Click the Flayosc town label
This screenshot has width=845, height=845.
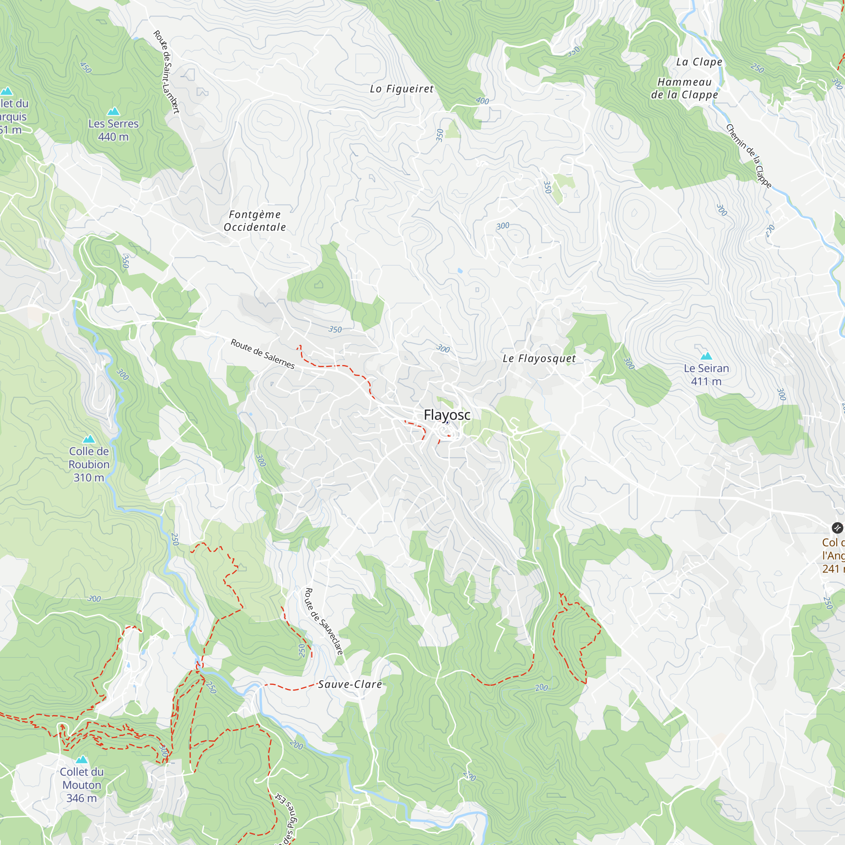pos(447,414)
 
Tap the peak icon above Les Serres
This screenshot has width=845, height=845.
pos(113,111)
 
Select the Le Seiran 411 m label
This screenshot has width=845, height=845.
pos(706,375)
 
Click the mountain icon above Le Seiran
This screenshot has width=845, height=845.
pos(706,356)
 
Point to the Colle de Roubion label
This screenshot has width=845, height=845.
pos(89,464)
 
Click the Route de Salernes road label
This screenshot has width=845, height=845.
pos(262,353)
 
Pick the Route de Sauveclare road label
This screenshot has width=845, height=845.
pos(323,621)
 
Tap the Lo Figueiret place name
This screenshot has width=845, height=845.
pos(401,89)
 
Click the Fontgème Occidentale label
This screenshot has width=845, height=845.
pos(254,221)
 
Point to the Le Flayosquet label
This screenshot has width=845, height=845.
pos(539,359)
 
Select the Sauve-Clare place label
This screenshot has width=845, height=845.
pos(350,684)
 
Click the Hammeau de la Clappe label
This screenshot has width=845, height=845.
pos(684,88)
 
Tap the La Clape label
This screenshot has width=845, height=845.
pos(699,62)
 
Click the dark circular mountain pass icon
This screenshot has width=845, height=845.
pos(837,528)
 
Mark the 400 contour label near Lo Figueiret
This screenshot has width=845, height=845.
pos(482,101)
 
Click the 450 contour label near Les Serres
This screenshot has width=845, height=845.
pos(86,67)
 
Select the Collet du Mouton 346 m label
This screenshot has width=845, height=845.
pos(82,785)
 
